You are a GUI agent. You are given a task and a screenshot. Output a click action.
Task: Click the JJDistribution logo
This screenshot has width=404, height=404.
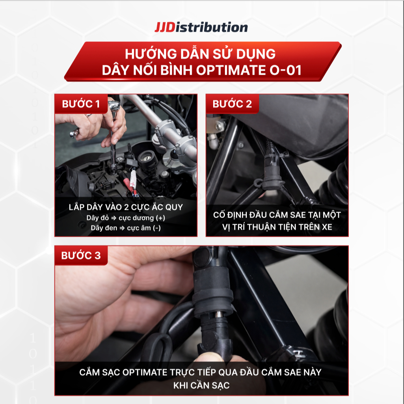pyautogui.click(x=201, y=27)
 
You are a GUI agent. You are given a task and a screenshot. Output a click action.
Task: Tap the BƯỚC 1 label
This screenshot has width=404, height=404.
pyautogui.click(x=81, y=104)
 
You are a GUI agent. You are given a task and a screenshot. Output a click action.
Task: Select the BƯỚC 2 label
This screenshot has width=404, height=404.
pyautogui.click(x=232, y=104)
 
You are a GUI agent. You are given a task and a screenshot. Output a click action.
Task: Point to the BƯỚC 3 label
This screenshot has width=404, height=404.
pyautogui.click(x=81, y=255)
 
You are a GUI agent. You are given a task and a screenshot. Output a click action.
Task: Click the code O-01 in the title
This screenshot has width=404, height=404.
pyautogui.click(x=285, y=70)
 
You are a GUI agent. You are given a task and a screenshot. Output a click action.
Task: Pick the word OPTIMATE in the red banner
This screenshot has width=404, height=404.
pyautogui.click(x=231, y=70)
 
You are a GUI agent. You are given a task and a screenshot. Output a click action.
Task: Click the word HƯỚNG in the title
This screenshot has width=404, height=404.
pyautogui.click(x=151, y=54)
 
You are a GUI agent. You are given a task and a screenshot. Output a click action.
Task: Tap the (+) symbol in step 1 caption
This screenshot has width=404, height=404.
pyautogui.click(x=160, y=218)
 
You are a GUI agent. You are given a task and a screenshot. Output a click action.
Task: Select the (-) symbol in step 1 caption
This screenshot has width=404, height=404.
pyautogui.click(x=157, y=228)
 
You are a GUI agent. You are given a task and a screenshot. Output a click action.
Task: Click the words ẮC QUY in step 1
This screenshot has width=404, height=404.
pyautogui.click(x=167, y=207)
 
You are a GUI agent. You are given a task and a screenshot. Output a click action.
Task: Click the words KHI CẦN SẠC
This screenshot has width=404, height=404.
pyautogui.click(x=201, y=385)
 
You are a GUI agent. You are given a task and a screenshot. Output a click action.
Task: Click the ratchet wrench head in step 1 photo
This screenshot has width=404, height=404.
pyautogui.click(x=114, y=105)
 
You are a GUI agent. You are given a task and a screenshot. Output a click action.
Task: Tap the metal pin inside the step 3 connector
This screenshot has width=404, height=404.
pyautogui.click(x=218, y=314)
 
